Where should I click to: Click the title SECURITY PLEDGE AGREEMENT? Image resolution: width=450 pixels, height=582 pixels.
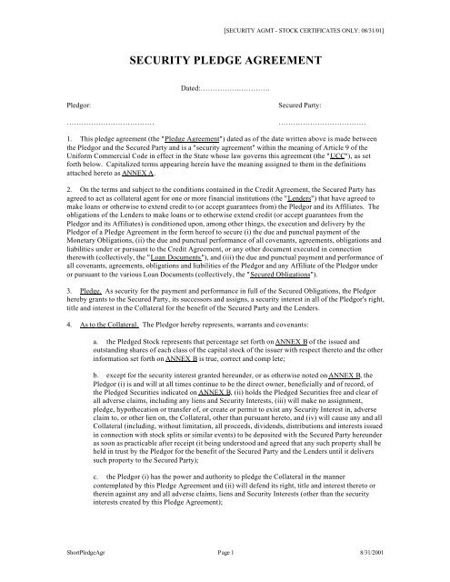(x=225, y=64)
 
